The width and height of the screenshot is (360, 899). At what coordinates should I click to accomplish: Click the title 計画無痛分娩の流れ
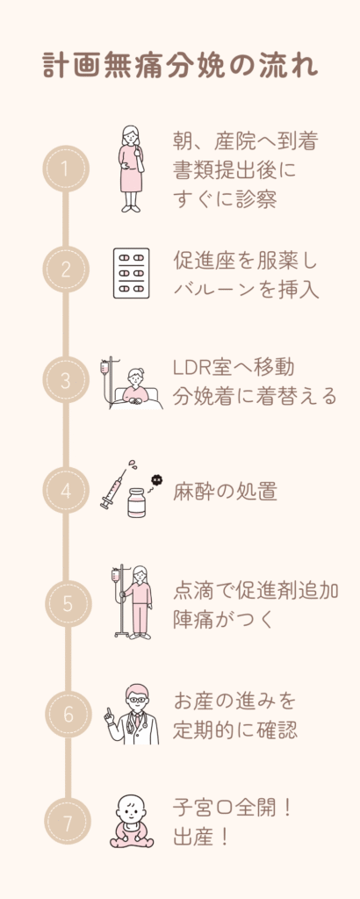(x=180, y=67)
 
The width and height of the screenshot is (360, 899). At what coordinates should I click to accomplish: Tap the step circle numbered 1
(x=66, y=169)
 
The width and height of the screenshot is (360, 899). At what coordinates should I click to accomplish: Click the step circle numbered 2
(x=66, y=270)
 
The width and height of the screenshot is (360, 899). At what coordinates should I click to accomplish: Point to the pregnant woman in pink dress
(x=132, y=169)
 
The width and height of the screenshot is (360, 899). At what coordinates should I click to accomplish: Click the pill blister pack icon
(x=132, y=273)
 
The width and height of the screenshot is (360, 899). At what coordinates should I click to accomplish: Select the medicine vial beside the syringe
(x=136, y=503)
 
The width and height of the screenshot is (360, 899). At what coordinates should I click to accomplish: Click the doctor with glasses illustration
(x=133, y=715)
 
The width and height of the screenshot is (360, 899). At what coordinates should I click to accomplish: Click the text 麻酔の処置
(x=225, y=492)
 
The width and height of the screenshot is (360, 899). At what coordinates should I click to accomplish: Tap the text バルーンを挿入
(x=246, y=290)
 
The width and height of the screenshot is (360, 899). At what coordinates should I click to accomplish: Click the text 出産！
(x=201, y=838)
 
